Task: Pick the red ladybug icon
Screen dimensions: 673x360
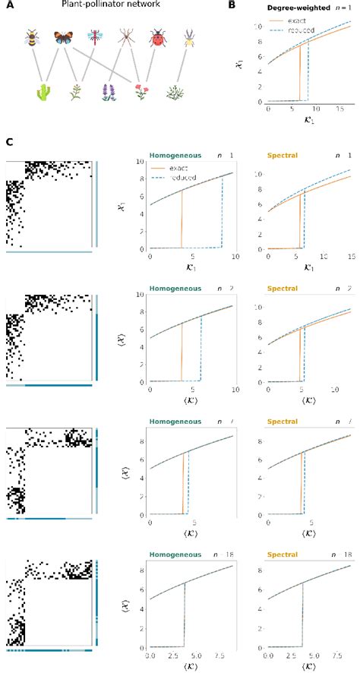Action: pyautogui.click(x=157, y=37)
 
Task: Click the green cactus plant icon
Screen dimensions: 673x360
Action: pyautogui.click(x=44, y=94)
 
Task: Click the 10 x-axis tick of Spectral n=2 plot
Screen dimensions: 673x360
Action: pyautogui.click(x=335, y=390)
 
